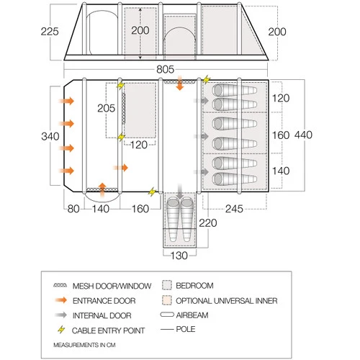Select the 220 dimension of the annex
(207, 223)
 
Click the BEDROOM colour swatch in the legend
(167, 285)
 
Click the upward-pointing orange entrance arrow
(102, 189)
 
